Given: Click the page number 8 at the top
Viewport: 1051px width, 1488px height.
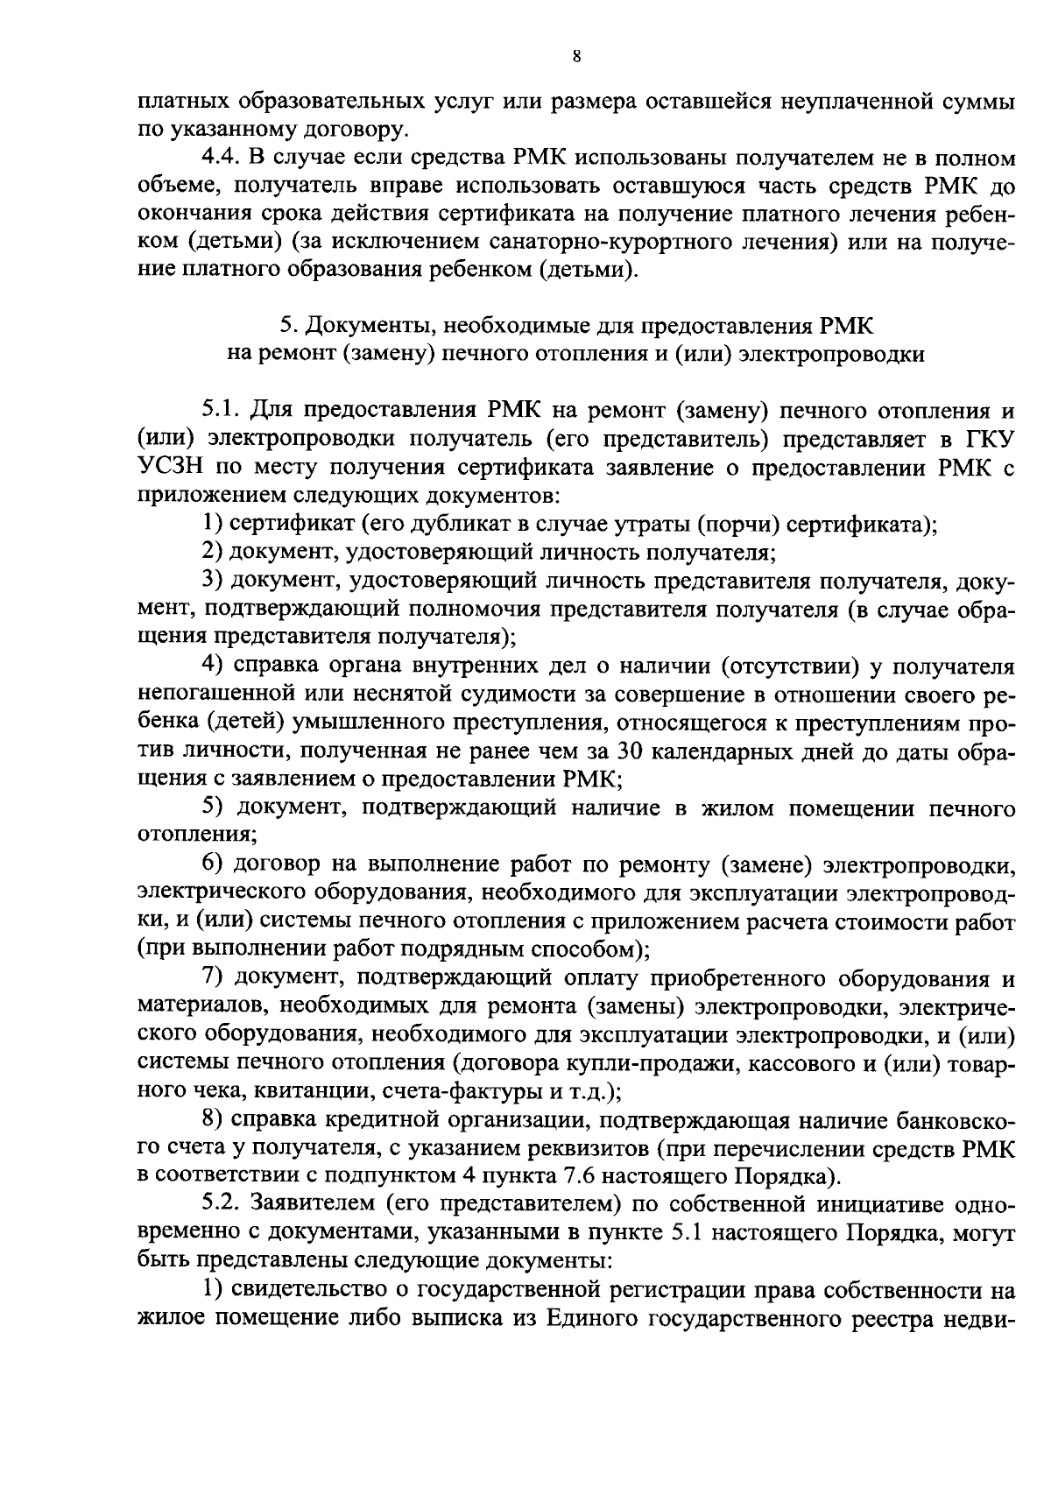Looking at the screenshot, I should pyautogui.click(x=575, y=57).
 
